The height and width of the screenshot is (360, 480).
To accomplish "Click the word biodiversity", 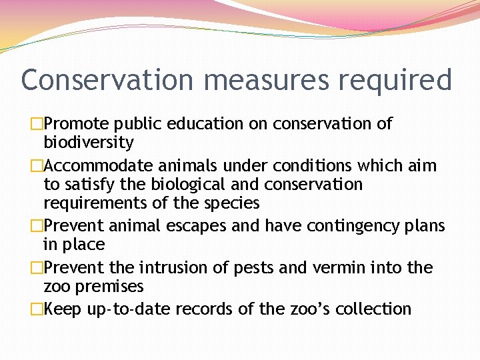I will point(89,143).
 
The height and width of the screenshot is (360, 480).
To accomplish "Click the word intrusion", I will point(171,268).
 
